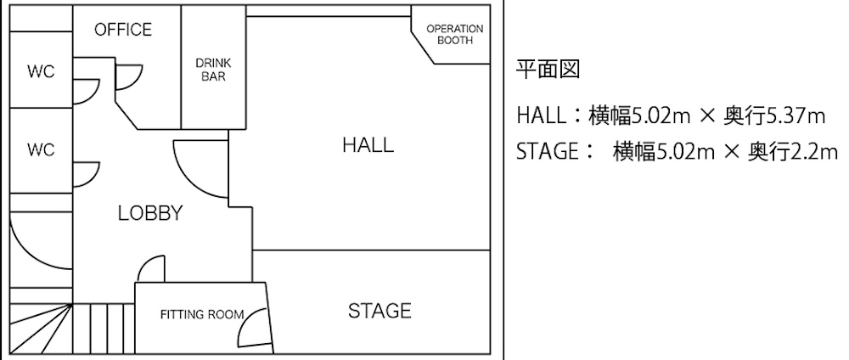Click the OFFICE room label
(123, 29)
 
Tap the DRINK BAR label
(213, 70)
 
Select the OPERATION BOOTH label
(455, 35)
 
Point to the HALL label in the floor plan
(368, 145)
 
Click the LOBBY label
(150, 213)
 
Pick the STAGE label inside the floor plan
(379, 311)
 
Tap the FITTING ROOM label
(202, 314)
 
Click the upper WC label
(41, 71)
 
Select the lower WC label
(41, 150)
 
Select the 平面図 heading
(548, 70)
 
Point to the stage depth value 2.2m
(814, 152)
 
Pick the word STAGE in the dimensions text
(548, 152)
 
